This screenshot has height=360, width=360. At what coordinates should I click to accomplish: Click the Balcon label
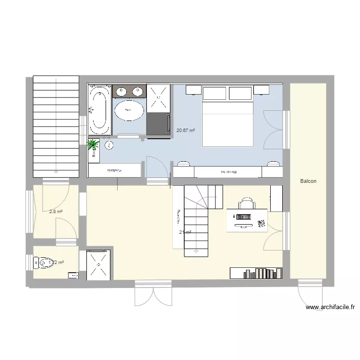tap(308, 181)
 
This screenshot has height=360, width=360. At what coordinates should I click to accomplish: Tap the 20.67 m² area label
tap(186, 130)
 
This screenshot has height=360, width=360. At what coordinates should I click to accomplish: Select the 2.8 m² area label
tap(56, 211)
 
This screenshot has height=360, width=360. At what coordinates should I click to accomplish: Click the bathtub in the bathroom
tap(100, 110)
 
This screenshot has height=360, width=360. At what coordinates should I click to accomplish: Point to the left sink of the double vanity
tap(121, 90)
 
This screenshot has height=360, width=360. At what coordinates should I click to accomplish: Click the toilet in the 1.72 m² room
tap(44, 263)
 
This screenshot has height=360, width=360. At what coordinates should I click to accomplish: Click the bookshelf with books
tap(256, 273)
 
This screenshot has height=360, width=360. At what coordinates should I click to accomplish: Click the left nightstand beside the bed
tap(193, 90)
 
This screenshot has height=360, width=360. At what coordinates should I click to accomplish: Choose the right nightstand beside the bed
tap(262, 90)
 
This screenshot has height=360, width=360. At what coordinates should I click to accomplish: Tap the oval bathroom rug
tap(128, 110)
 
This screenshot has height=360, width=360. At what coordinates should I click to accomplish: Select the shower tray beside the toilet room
tap(99, 264)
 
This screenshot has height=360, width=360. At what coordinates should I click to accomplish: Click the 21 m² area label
tap(185, 233)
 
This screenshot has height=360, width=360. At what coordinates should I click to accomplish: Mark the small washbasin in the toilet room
tap(73, 275)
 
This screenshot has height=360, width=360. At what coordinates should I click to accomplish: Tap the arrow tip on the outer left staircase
tap(56, 171)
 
